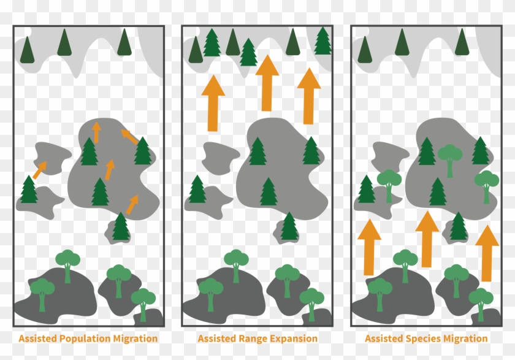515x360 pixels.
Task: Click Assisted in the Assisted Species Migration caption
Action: tap(384, 339)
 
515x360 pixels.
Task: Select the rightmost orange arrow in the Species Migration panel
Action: tap(487, 253)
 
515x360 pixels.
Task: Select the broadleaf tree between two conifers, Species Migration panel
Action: tap(450, 159)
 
